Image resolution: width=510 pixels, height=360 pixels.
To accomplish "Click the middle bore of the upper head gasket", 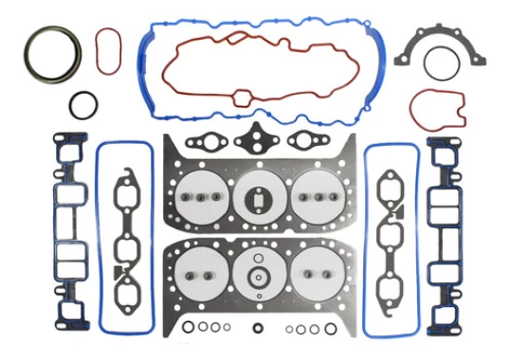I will point(258,195).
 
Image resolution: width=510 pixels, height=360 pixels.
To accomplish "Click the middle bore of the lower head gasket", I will point(258,275).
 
